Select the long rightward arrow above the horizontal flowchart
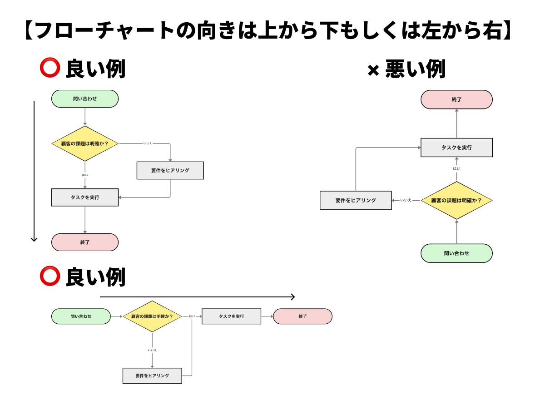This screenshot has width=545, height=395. pos(197,297)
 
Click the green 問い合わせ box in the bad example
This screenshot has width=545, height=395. pos(456,253)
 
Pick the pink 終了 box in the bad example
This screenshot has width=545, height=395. pos(456,99)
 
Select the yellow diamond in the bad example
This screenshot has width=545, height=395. pos(456,200)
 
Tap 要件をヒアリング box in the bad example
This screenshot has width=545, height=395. pos(356,200)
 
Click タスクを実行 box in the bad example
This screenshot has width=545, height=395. pos(456,148)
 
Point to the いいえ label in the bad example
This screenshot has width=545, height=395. pos(406,200)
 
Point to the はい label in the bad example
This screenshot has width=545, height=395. pos(456,169)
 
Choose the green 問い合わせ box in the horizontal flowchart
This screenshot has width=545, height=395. pos(81,316)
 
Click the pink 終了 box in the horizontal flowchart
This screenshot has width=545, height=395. pos(302,316)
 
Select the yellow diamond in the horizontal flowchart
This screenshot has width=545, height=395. pos(152,316)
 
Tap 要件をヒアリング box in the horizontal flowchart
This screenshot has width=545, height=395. pos(152,376)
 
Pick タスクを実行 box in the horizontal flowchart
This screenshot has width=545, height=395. pos(231,316)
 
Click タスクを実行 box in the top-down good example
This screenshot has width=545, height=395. pos(85,197)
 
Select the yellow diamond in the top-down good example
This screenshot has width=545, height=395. pos(85,143)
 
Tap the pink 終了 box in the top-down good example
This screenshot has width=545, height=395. pos(85,242)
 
